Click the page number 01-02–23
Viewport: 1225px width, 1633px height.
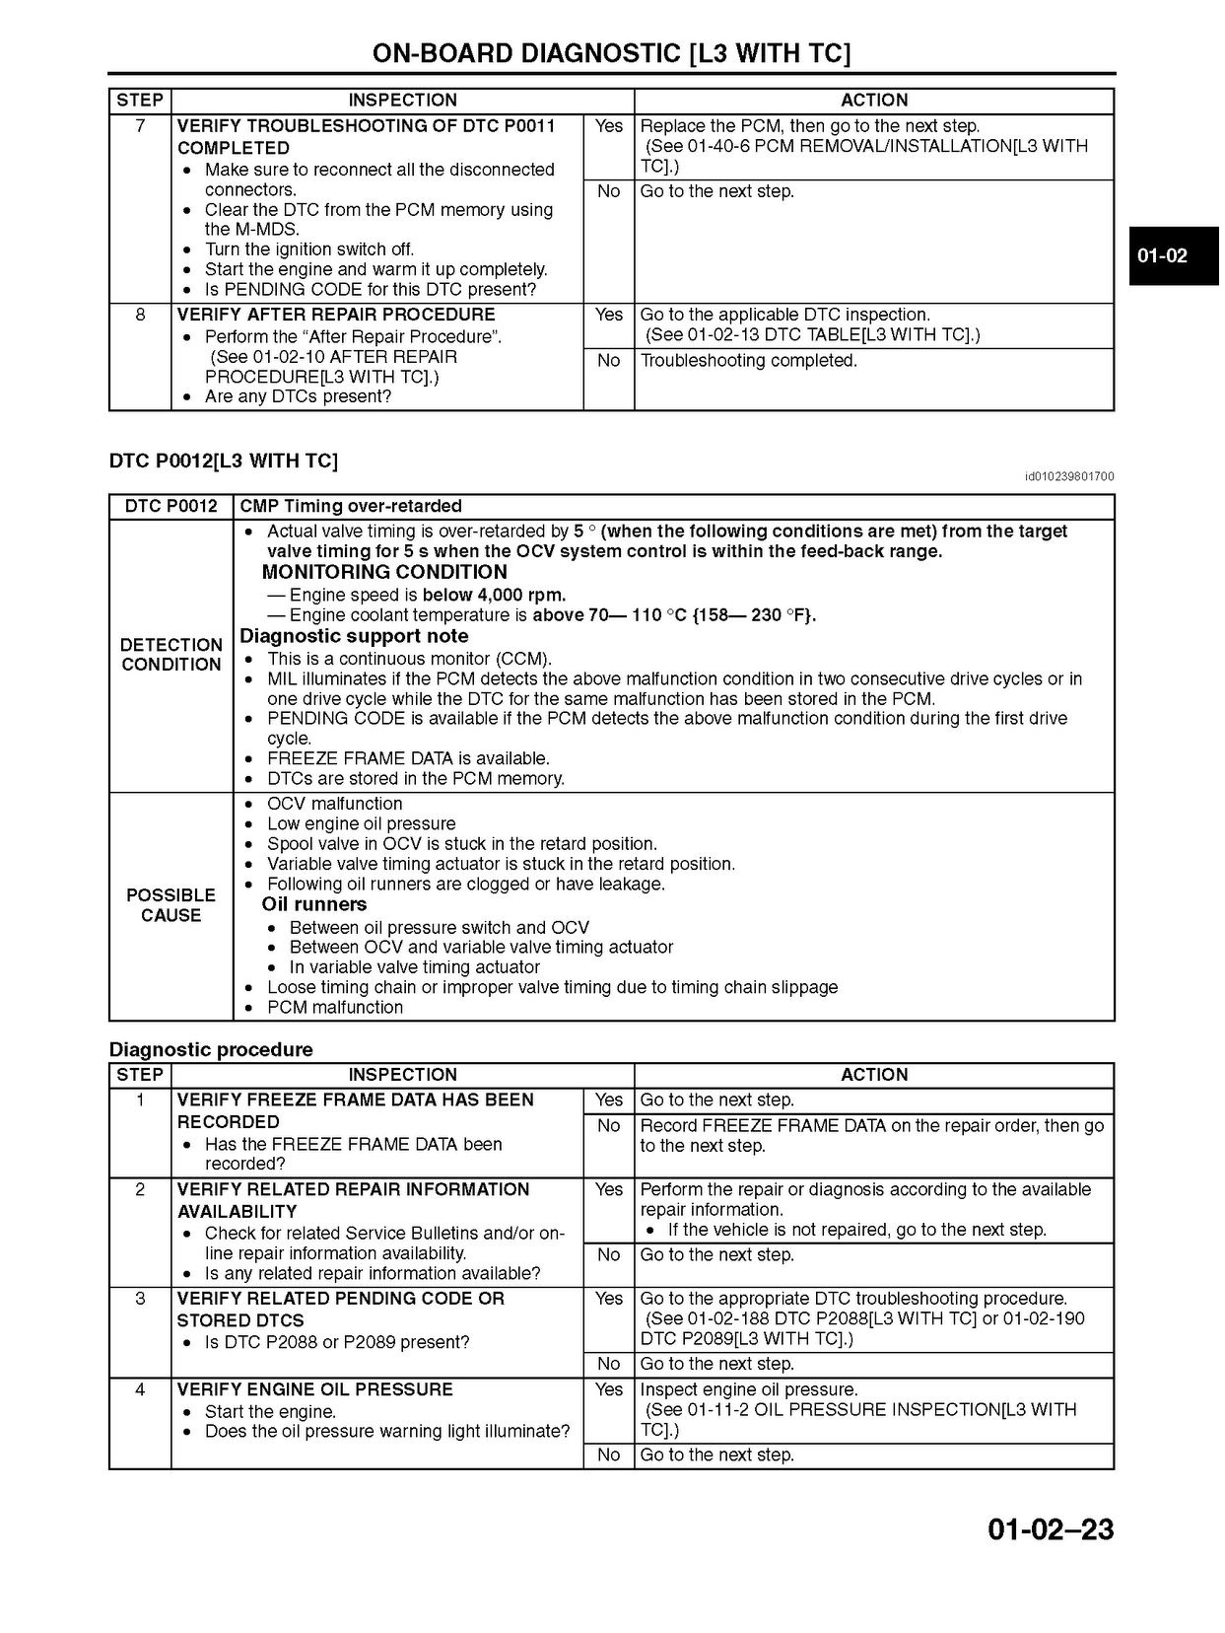(x=1051, y=1528)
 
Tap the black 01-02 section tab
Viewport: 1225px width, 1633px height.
(x=1163, y=256)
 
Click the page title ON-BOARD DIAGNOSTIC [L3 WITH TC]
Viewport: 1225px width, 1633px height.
(x=611, y=53)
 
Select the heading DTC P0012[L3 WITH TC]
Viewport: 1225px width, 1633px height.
(x=223, y=461)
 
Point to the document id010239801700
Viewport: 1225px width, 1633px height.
(x=1069, y=477)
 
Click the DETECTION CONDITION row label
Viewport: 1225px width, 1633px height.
(x=170, y=655)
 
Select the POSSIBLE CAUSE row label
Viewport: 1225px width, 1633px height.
(x=170, y=905)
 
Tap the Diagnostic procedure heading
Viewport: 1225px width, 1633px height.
(x=211, y=1049)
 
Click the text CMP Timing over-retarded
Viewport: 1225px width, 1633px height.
(x=351, y=506)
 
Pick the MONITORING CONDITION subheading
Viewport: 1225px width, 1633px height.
(x=384, y=572)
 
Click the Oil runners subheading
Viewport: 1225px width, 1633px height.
(x=313, y=904)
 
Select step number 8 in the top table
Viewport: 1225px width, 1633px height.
(x=140, y=315)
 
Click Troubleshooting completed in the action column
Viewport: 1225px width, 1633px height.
(x=749, y=361)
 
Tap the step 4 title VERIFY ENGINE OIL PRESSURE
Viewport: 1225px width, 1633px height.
(x=315, y=1389)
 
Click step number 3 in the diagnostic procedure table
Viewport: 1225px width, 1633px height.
(x=140, y=1299)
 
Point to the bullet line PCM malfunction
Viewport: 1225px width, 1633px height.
(x=335, y=1007)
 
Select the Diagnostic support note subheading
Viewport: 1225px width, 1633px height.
(x=354, y=636)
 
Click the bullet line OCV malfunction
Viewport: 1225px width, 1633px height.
(x=334, y=804)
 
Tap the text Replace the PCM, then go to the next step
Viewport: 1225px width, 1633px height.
(x=810, y=126)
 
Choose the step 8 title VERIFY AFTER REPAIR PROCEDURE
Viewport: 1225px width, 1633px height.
(x=336, y=315)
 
